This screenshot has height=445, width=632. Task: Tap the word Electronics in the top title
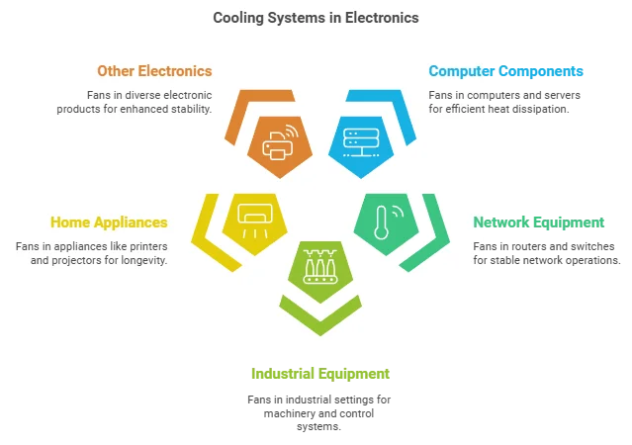point(380,18)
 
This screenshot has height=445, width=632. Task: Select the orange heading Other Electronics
point(154,71)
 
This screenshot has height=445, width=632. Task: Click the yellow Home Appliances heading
point(109,222)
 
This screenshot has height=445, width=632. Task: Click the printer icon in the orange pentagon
point(278,145)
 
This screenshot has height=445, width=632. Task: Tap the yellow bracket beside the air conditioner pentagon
point(207,232)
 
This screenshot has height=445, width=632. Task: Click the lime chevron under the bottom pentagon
point(318,318)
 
